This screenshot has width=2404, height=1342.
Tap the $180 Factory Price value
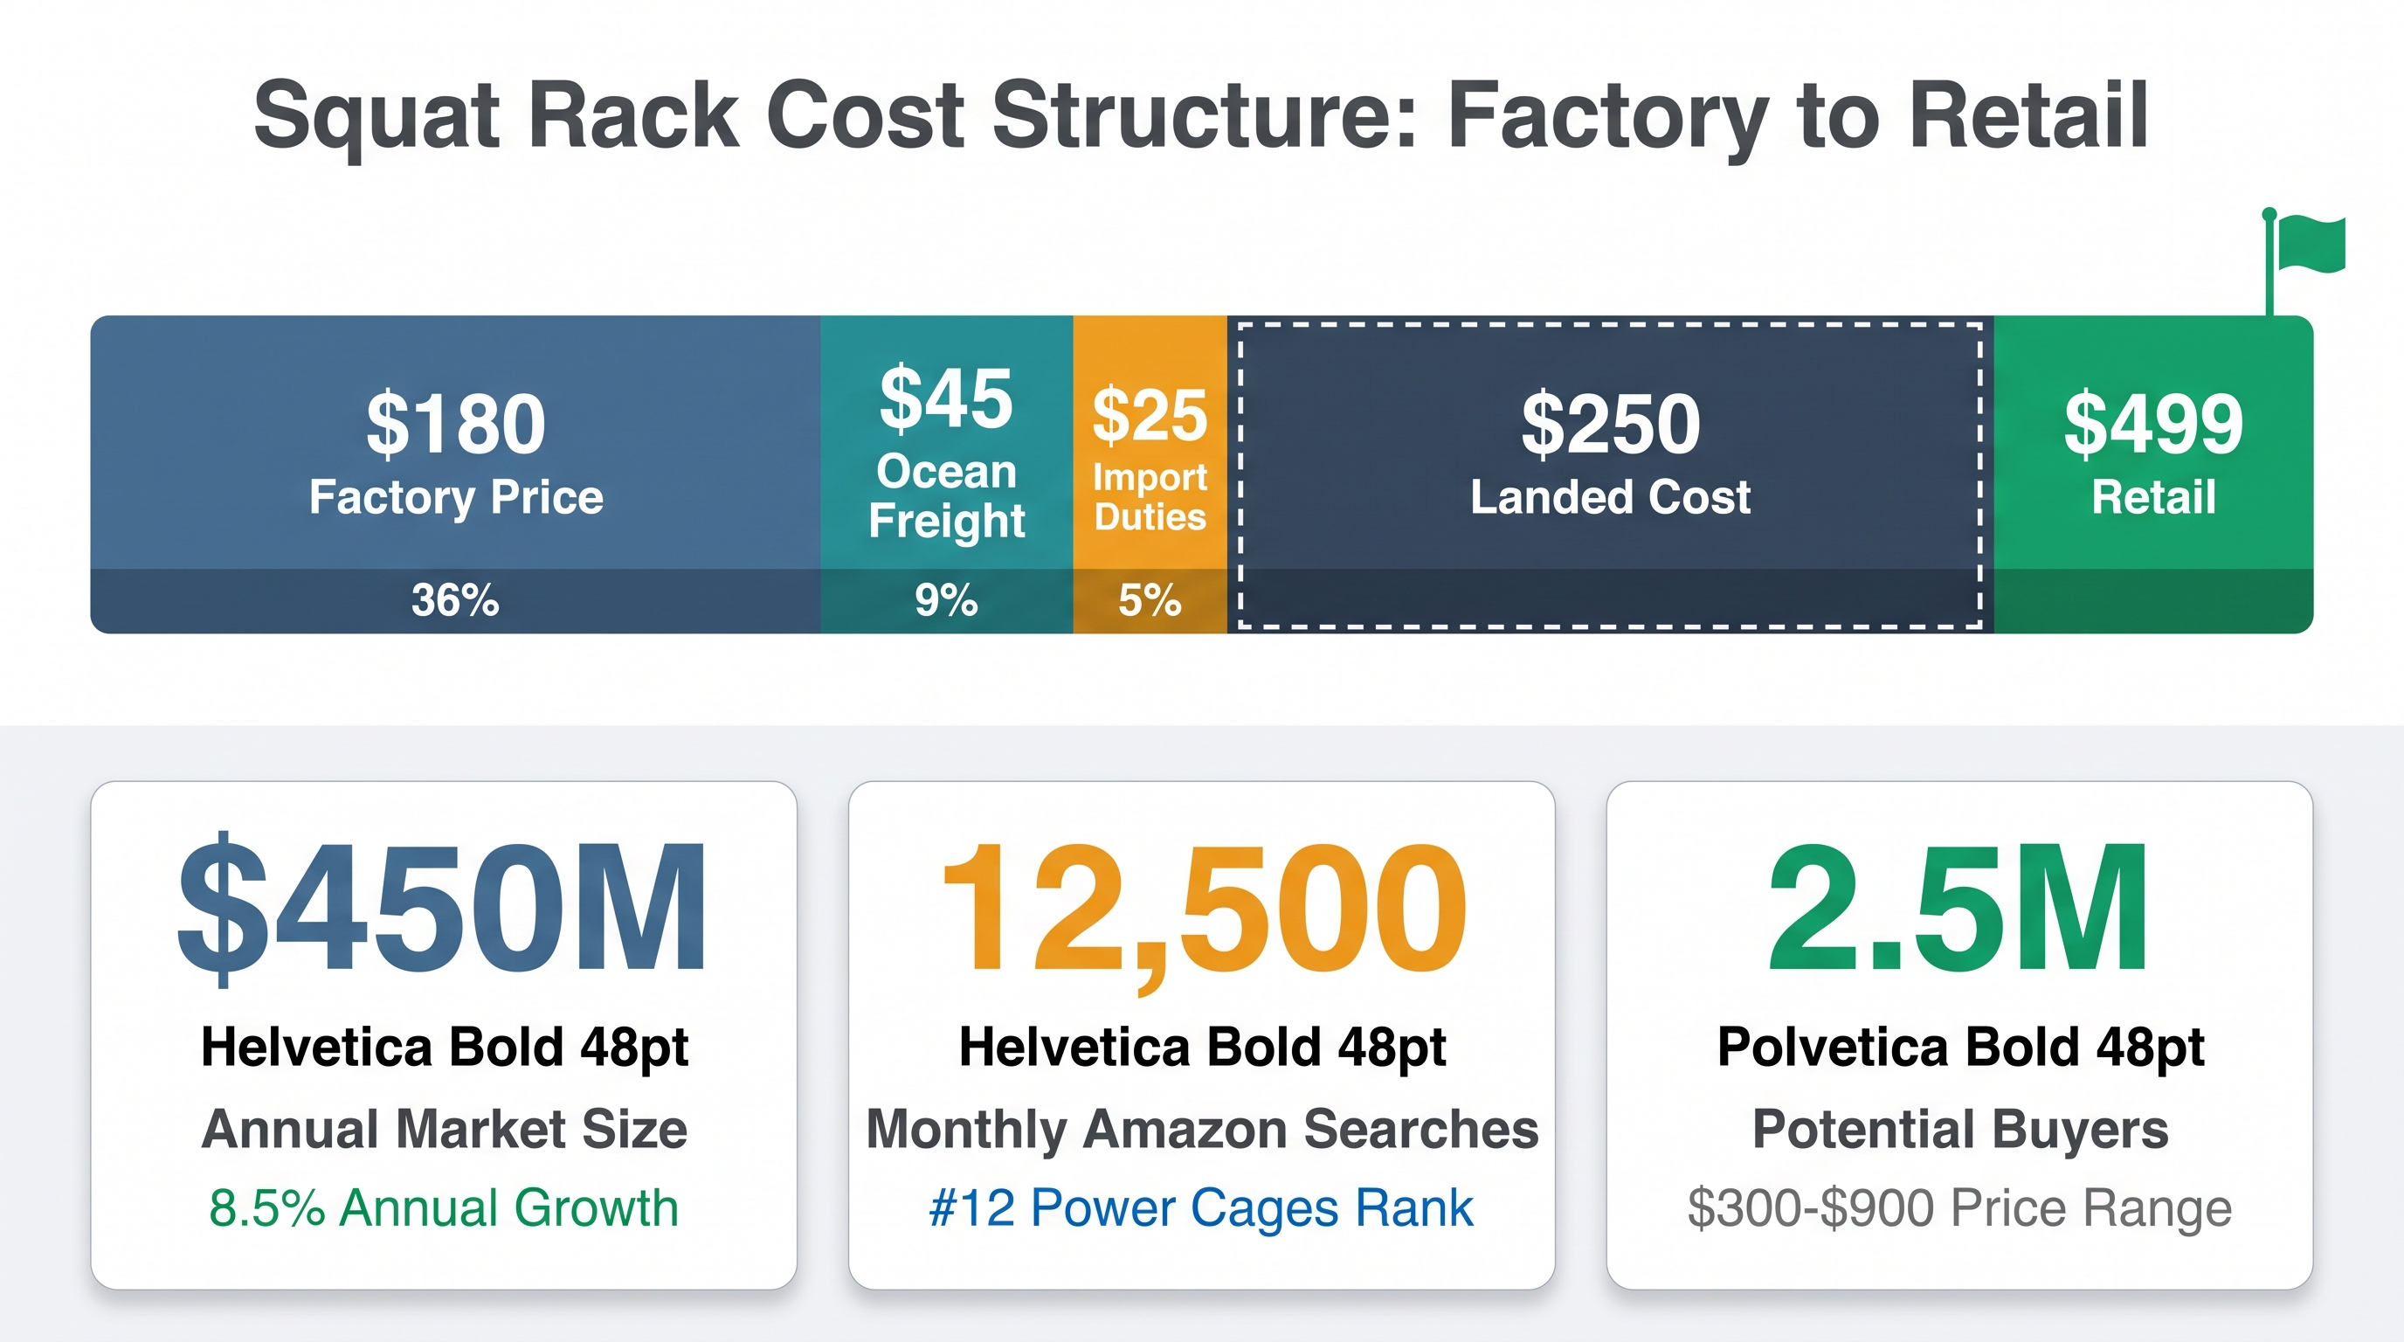[x=455, y=425]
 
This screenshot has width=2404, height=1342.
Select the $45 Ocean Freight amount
[x=946, y=398]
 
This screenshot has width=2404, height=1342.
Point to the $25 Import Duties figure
[x=1150, y=415]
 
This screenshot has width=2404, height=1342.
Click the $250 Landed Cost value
[x=1611, y=425]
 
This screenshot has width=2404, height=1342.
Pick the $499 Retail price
[x=2154, y=425]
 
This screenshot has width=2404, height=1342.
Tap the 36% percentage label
[x=455, y=599]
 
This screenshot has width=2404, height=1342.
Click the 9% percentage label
[x=946, y=599]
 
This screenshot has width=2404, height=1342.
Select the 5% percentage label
[x=1150, y=599]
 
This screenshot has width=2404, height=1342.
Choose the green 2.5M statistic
[x=1958, y=907]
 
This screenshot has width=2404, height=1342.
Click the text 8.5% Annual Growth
[x=443, y=1207]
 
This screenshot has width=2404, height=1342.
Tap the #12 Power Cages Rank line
[x=1202, y=1208]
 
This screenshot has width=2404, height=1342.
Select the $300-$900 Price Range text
[x=1959, y=1208]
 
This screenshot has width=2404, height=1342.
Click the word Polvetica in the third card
[x=1833, y=1047]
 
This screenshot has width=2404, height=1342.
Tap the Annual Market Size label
[x=445, y=1129]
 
